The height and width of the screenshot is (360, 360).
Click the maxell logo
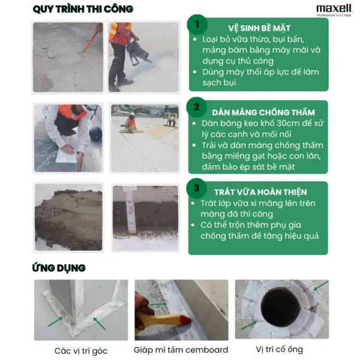coord(334,10)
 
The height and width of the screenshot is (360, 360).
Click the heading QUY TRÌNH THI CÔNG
coord(83,9)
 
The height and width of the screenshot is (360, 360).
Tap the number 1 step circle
coord(197,25)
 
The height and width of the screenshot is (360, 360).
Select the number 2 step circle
coord(197,107)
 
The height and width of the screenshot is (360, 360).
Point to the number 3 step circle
coord(197,188)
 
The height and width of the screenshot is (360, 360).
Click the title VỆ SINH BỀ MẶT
coord(259,28)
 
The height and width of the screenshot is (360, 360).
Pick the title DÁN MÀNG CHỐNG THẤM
coord(263,113)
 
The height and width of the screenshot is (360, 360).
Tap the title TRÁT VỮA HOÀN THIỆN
coord(260,192)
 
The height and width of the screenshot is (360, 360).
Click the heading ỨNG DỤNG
coord(59,268)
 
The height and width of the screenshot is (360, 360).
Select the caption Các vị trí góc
coord(81,351)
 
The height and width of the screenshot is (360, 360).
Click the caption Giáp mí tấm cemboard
coord(181,350)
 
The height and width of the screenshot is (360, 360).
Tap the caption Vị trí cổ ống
coord(280,349)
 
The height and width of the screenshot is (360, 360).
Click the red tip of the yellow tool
coord(187,319)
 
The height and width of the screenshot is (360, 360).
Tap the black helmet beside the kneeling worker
coord(95,133)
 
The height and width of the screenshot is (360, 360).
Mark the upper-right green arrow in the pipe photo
coord(321,286)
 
